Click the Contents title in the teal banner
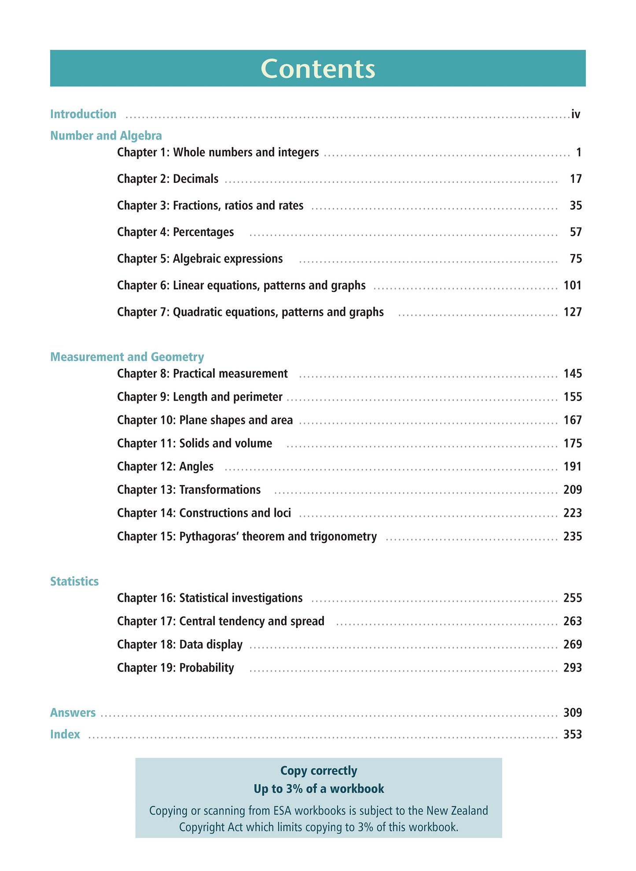point(318,69)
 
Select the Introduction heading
point(83,114)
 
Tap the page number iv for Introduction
point(576,114)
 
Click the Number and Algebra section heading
point(106,135)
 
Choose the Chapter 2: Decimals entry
point(168,179)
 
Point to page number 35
point(576,205)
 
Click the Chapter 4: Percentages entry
point(176,232)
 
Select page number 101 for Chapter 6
point(573,285)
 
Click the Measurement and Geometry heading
point(127,356)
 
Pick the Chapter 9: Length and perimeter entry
point(200,397)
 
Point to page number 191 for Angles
point(573,466)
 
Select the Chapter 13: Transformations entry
point(189,489)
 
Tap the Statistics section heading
point(74,581)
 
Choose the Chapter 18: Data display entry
point(180,645)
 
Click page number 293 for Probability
point(573,668)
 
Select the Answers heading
point(73,712)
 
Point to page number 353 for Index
point(573,734)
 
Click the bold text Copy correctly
point(319,771)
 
